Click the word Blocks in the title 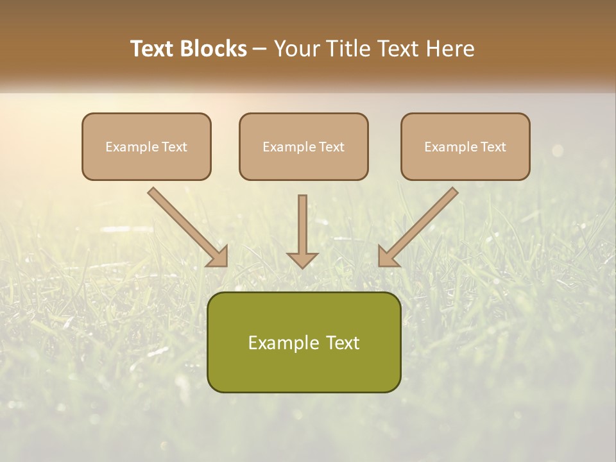pos(213,49)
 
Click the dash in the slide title pos(260,49)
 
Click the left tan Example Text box pos(146,146)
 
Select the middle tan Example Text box pos(304,146)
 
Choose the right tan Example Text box pos(465,146)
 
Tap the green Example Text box pos(304,342)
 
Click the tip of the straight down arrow pos(302,266)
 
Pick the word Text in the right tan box pos(493,147)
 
